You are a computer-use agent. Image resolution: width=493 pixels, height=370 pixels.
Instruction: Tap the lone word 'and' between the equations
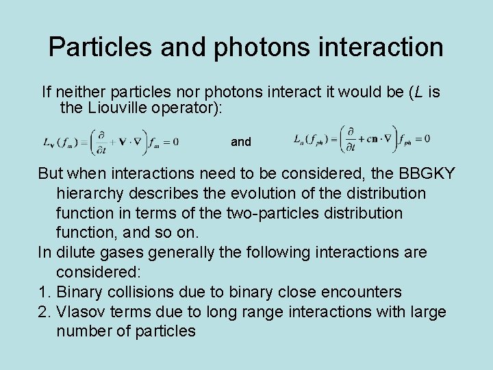click(x=241, y=142)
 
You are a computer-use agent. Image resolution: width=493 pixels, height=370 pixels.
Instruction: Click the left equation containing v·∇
click(x=110, y=141)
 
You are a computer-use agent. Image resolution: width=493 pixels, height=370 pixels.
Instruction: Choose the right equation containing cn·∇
click(x=362, y=138)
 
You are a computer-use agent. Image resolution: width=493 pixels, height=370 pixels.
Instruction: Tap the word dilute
click(x=77, y=253)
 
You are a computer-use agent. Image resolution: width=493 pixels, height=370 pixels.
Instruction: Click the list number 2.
click(x=43, y=312)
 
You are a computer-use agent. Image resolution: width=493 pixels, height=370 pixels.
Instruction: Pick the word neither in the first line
click(x=79, y=92)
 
